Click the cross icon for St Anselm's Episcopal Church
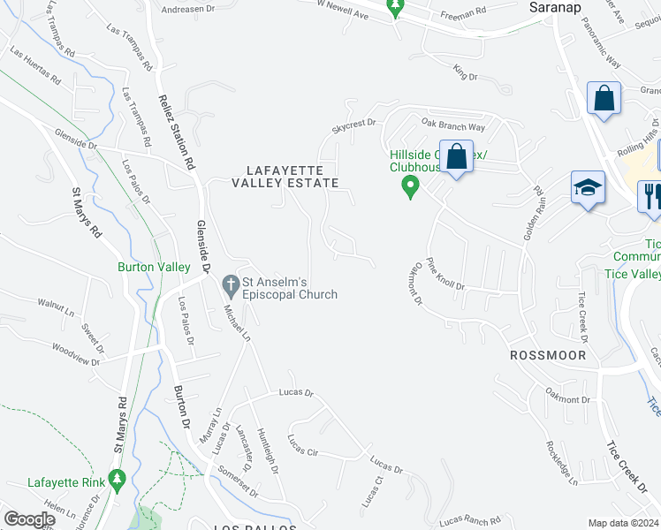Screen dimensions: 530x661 click(x=231, y=285)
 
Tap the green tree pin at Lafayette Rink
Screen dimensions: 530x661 click(x=117, y=480)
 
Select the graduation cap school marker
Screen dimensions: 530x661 click(x=588, y=189)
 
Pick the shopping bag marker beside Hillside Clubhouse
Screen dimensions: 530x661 click(x=456, y=158)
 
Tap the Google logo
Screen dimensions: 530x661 click(x=30, y=519)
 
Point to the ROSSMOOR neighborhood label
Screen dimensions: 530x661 click(x=543, y=353)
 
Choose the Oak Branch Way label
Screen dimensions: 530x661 click(x=453, y=126)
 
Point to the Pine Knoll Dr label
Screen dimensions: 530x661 click(x=445, y=273)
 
